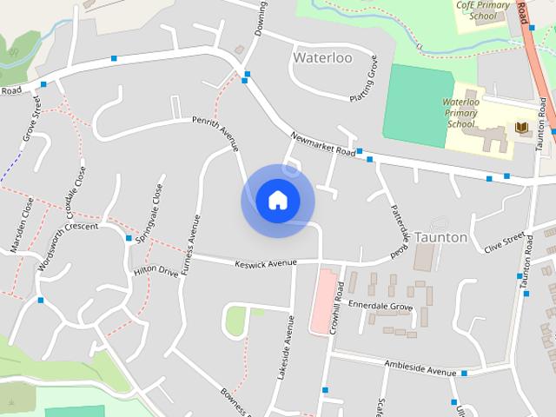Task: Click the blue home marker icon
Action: (277, 200)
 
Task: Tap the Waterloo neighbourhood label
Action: (322, 57)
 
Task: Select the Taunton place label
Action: (440, 236)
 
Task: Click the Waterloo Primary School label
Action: (461, 113)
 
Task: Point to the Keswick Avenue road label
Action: (265, 262)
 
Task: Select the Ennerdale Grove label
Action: (380, 307)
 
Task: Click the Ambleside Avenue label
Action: (420, 371)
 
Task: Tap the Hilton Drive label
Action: (156, 272)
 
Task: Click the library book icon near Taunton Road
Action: (521, 129)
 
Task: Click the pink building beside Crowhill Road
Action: (321, 301)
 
